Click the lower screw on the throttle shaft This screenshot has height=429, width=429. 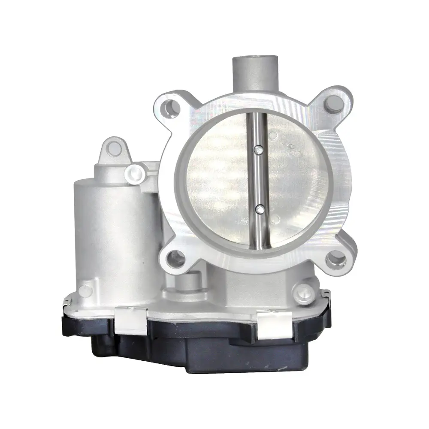click(259, 209)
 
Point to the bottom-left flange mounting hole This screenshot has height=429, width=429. click(175, 259)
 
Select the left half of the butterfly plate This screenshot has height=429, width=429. click(219, 180)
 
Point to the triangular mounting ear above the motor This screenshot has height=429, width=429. click(113, 150)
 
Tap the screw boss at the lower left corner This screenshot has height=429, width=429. click(85, 290)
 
